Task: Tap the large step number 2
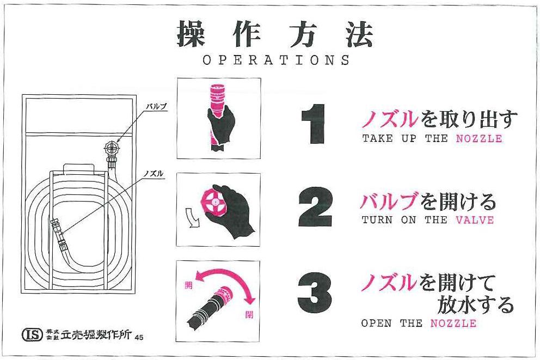pyautogui.click(x=315, y=208)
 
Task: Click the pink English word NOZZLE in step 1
pyautogui.click(x=478, y=139)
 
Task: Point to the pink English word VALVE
pyautogui.click(x=475, y=221)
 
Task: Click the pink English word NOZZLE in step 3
pyautogui.click(x=453, y=324)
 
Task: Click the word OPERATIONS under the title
pyautogui.click(x=277, y=60)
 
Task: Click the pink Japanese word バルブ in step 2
pyautogui.click(x=390, y=203)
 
